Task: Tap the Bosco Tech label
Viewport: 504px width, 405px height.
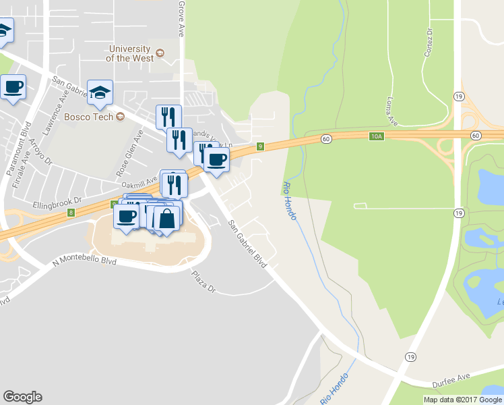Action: tap(87, 117)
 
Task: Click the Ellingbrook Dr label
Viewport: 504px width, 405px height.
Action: tap(57, 201)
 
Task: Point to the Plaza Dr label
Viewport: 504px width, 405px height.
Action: tap(203, 281)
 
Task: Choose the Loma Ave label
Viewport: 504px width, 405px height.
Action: tap(389, 106)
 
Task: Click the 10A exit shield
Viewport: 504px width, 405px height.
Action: tap(377, 136)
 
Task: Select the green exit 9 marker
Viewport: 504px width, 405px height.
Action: tap(260, 146)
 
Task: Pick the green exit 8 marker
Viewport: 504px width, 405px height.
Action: tap(71, 213)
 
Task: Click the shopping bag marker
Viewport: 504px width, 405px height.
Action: tap(166, 219)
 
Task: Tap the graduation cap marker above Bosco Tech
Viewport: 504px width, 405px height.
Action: tap(100, 93)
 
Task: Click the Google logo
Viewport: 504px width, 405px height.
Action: tap(22, 397)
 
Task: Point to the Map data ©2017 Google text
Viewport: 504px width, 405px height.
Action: tap(462, 400)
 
